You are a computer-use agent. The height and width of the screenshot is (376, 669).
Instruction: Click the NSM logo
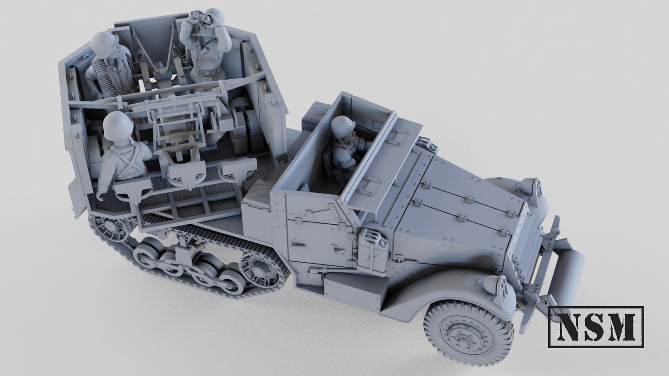(596, 327)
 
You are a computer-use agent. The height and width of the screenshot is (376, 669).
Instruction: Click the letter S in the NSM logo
(595, 327)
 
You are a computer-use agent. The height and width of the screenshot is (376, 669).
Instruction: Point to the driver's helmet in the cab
(343, 125)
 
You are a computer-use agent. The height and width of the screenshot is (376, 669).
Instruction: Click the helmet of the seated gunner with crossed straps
(118, 126)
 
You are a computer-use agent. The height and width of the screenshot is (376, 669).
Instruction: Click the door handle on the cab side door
(338, 248)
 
